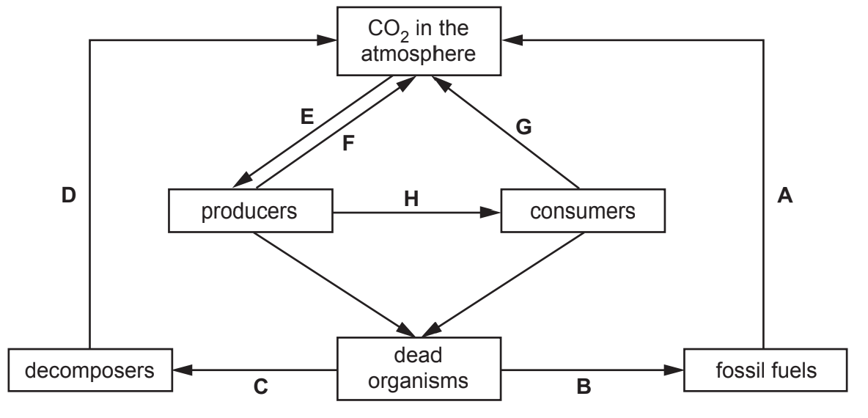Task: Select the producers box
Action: [251, 213]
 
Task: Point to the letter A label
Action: [786, 197]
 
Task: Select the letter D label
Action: [69, 197]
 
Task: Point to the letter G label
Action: [523, 128]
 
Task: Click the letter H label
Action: [414, 199]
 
